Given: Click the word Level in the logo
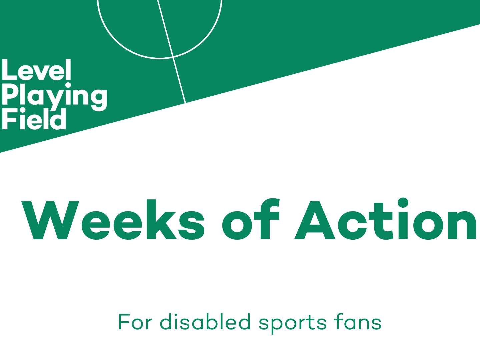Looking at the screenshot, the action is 37,70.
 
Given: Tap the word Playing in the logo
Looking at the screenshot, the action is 55,97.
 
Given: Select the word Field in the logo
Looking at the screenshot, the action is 34,119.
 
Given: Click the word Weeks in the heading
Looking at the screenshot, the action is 113,219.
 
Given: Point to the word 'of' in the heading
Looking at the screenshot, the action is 251,219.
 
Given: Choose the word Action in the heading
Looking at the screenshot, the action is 385,219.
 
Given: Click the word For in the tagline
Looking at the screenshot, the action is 135,322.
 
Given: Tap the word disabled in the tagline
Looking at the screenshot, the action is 205,321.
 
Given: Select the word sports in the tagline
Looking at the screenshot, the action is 293,324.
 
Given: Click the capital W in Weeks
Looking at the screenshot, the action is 50,220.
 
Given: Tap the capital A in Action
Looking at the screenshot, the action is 315,220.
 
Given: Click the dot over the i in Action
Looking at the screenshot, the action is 403,203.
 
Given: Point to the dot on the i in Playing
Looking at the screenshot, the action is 68,85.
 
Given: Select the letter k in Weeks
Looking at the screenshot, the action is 161,219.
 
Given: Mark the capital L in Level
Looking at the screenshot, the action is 9,70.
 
